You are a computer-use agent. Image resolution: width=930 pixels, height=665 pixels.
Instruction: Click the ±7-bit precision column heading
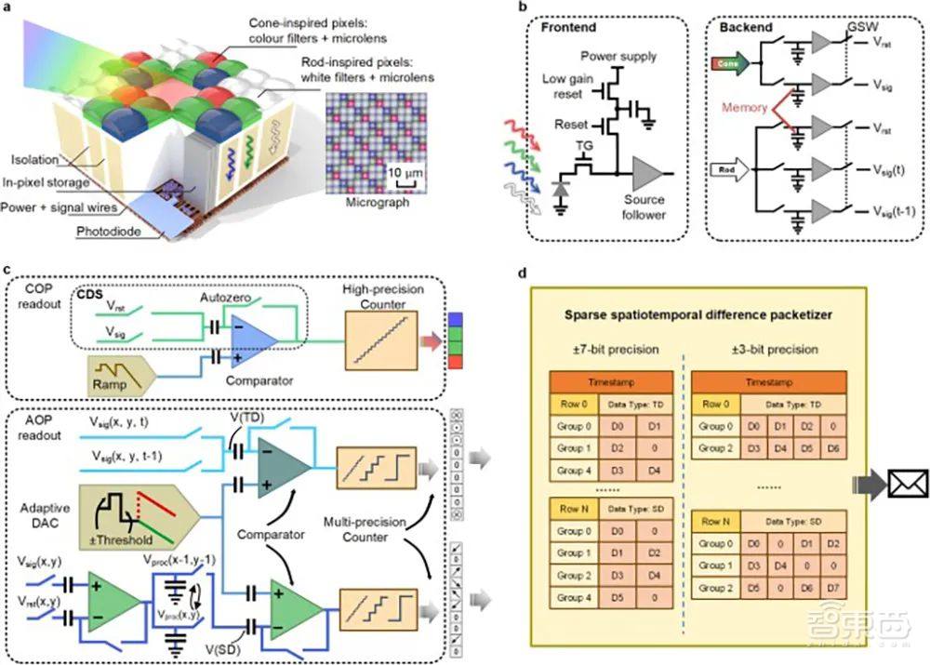[x=615, y=352]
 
